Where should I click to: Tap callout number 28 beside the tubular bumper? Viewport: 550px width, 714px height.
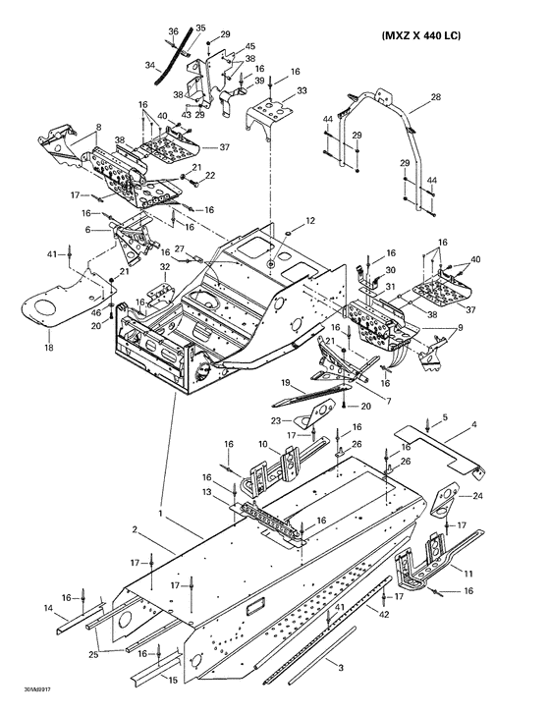(436, 97)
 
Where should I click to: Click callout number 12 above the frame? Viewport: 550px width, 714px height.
(283, 220)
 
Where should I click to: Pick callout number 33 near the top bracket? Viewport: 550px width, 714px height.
(302, 90)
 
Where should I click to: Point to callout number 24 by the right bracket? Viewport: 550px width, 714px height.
(478, 498)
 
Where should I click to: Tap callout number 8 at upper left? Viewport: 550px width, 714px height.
(98, 127)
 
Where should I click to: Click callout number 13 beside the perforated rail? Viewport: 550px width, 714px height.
(207, 491)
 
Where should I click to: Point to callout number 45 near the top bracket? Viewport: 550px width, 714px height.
(250, 47)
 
